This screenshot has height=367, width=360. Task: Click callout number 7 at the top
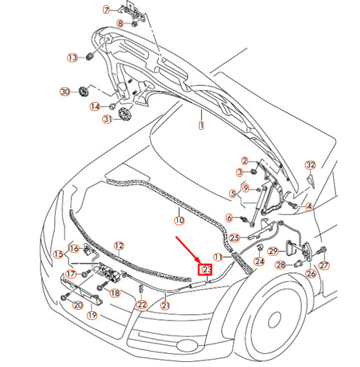point(106,10)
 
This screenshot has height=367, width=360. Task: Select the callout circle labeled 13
point(73,57)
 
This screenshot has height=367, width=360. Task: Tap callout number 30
point(65,92)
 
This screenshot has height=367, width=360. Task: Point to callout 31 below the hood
point(107,120)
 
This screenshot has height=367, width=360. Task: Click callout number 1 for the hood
point(200,126)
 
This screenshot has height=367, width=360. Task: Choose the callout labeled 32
point(310,164)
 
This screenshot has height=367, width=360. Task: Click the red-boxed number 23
point(205,270)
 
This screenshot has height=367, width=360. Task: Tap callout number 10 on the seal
point(179,219)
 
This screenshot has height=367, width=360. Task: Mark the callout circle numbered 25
point(234,237)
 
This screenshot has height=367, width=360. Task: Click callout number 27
point(324,265)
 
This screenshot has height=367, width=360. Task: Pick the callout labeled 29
point(272,252)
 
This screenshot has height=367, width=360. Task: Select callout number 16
point(73,247)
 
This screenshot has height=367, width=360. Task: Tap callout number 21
point(165,305)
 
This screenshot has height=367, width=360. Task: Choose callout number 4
point(309,207)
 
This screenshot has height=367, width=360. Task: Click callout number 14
point(95,106)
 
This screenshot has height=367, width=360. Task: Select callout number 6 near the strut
point(229,217)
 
